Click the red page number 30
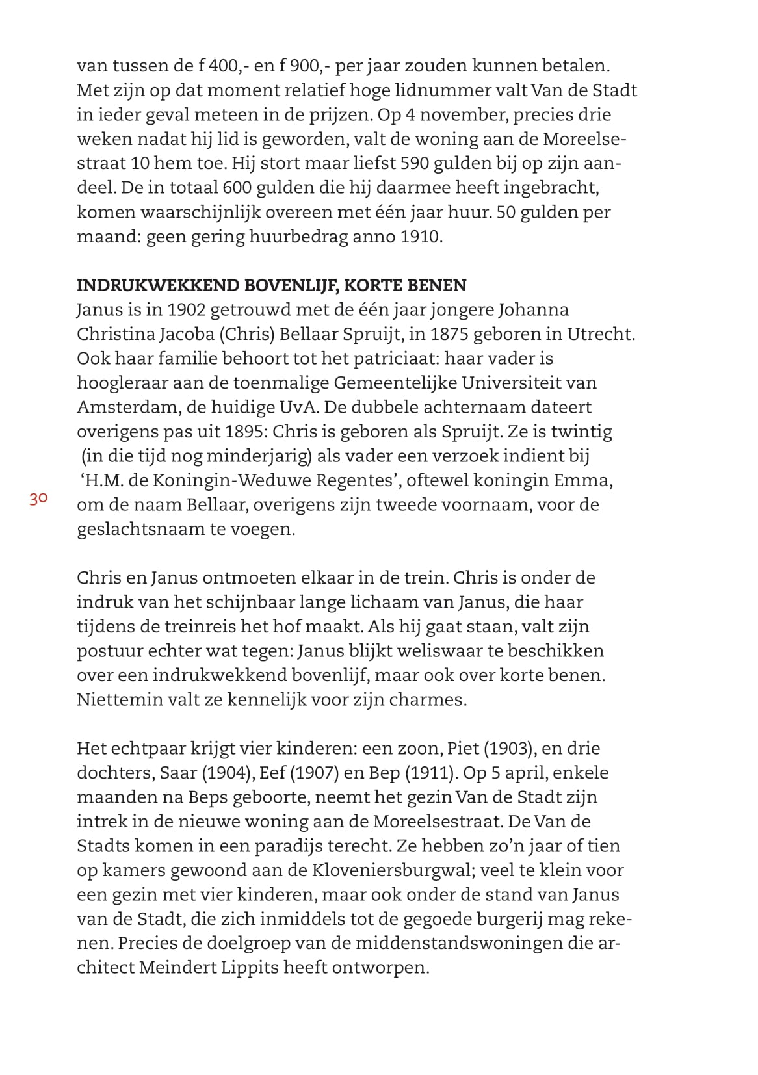(38, 499)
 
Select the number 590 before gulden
(397, 163)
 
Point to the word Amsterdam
(120, 408)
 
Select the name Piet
(462, 749)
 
